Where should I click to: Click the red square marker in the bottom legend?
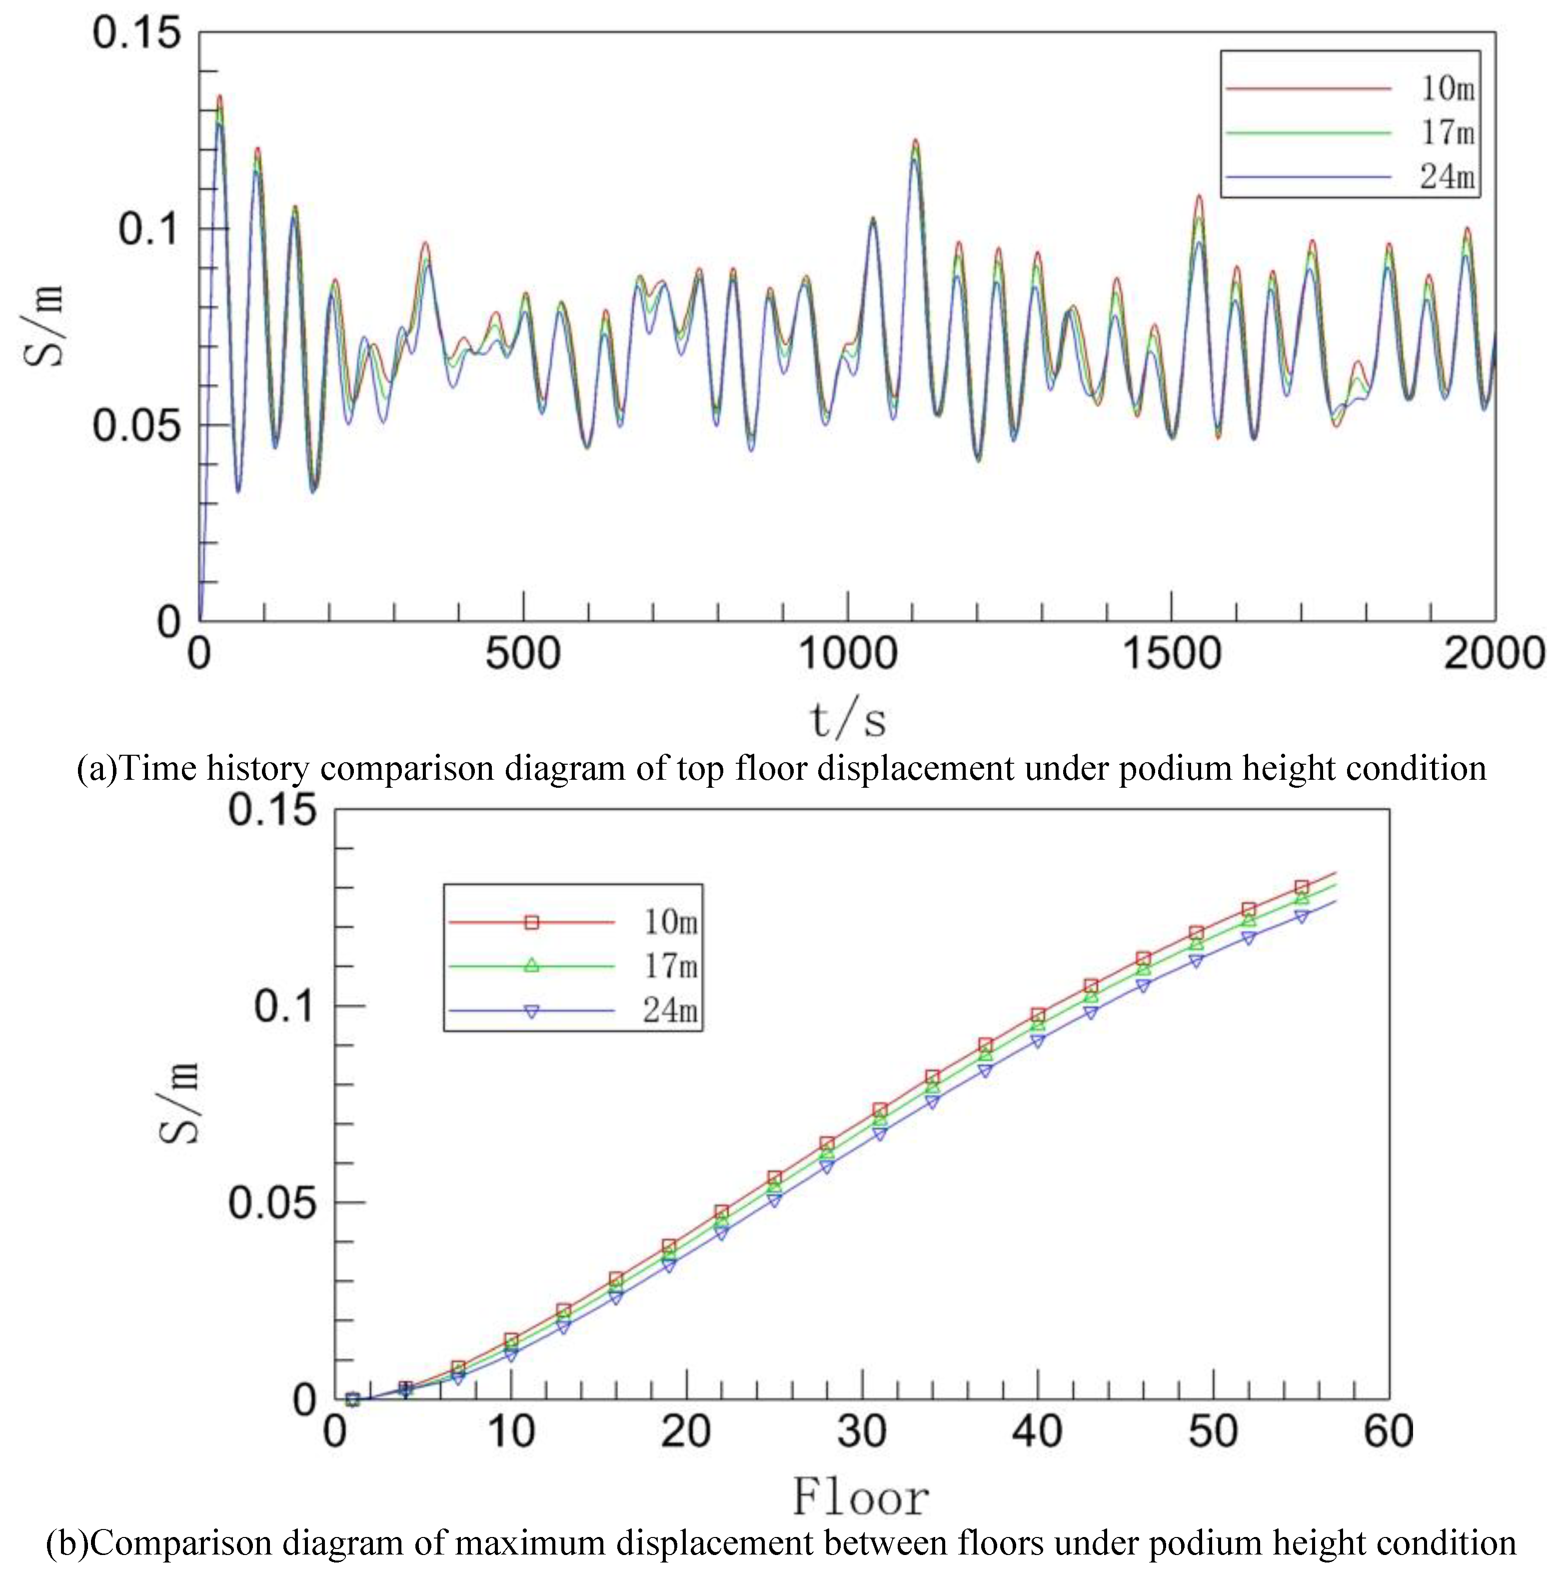[531, 922]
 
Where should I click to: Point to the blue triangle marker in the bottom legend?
[531, 1011]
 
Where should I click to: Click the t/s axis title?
[847, 720]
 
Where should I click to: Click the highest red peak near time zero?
[218, 96]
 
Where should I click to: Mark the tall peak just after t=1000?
[915, 141]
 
